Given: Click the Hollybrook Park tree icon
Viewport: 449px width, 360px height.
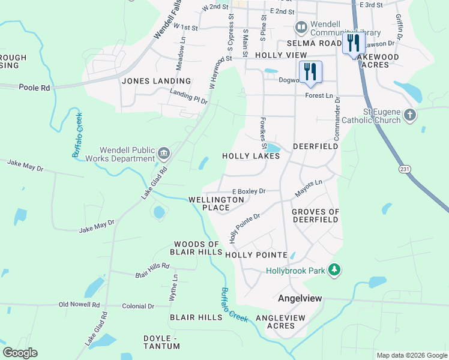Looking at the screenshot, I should tap(335, 271).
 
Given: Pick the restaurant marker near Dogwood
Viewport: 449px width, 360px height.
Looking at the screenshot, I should tap(310, 71).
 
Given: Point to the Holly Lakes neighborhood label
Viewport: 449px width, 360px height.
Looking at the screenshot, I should tap(251, 156).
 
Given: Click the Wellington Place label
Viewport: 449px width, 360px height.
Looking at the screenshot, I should tap(217, 203).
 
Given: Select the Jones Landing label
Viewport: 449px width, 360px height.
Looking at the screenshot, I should tap(156, 80).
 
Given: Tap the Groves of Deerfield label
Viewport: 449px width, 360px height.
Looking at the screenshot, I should tap(315, 215).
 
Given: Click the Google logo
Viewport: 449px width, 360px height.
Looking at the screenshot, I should tap(19, 353).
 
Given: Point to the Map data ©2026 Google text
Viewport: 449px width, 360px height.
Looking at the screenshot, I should tap(412, 355).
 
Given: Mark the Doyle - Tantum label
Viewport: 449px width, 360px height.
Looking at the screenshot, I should tap(162, 343).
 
